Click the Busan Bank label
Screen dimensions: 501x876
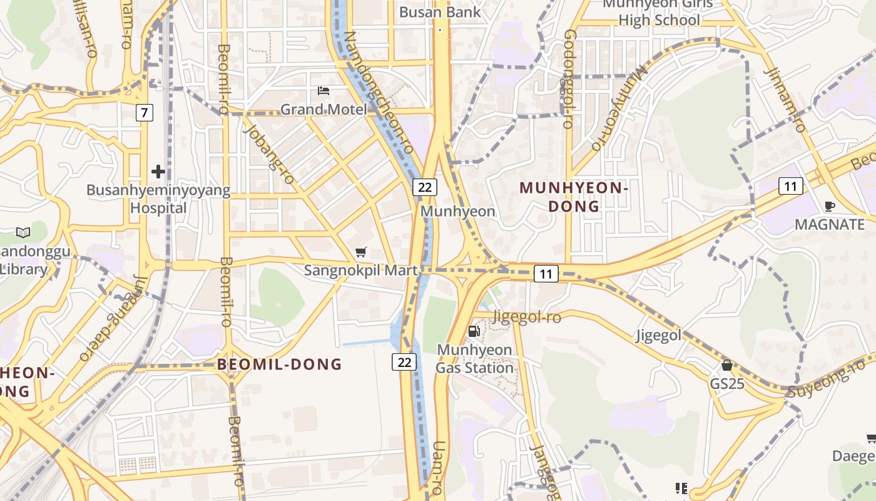440,12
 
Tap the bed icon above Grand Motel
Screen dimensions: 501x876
323,91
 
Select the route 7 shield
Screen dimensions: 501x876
145,113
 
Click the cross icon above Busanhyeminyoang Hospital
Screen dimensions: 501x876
158,171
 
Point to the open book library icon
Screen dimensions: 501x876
23,233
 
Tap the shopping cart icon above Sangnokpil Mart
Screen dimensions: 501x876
360,252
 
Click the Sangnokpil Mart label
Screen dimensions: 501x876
360,271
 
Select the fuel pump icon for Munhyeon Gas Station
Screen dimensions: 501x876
474,331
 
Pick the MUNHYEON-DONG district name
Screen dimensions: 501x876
574,197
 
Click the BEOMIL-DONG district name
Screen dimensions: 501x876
280,364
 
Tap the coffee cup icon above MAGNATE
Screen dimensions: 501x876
830,206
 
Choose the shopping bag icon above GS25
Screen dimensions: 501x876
727,365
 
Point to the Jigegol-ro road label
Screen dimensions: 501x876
527,318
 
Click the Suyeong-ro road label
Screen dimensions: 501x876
826,379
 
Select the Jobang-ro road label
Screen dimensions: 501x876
269,153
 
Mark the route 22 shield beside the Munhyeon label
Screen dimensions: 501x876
424,187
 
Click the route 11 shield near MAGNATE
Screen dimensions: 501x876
791,186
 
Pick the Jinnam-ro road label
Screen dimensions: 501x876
785,100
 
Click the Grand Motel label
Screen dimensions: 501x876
323,110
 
